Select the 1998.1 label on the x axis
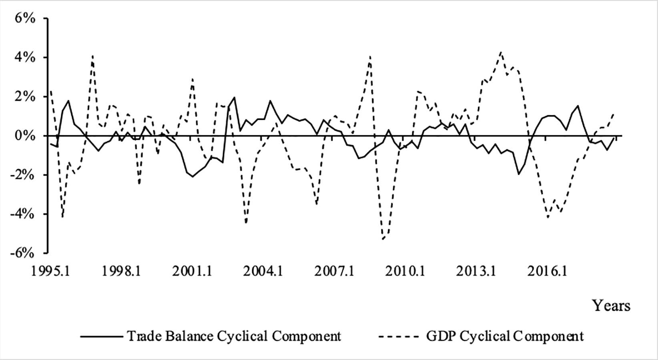[x=121, y=272]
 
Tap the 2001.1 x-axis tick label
[x=192, y=272]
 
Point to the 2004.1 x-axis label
[x=263, y=272]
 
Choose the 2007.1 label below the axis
[x=334, y=272]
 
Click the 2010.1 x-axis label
[x=405, y=272]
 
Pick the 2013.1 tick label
[x=476, y=272]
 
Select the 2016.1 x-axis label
[x=547, y=272]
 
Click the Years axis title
[x=611, y=306]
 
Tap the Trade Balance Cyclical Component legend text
[x=234, y=336]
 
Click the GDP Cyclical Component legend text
[x=505, y=336]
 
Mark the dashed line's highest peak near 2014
[x=501, y=52]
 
